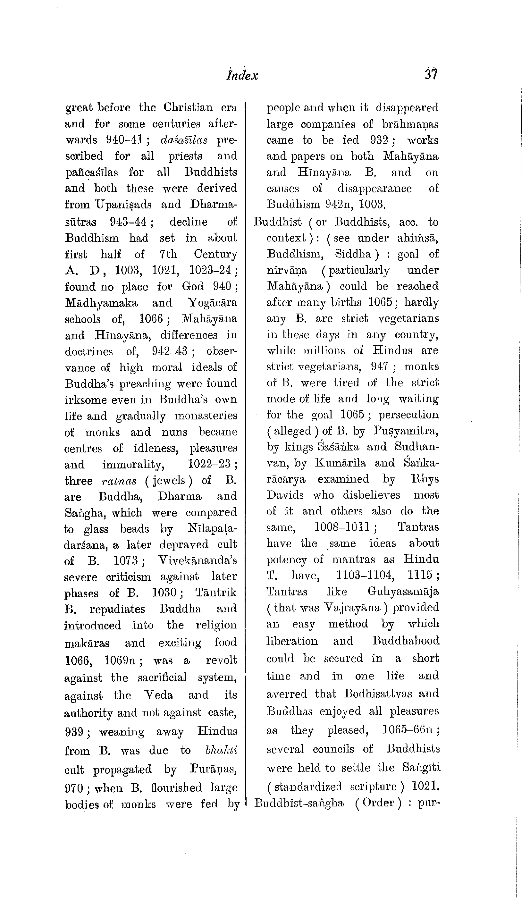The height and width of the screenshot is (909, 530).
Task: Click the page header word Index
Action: tap(242, 75)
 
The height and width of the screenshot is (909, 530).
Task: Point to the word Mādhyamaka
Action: tap(101, 303)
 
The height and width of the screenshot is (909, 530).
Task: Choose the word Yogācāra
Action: tap(213, 303)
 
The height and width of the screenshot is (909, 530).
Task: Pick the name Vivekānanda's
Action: tap(198, 560)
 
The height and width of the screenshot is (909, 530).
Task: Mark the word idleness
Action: tap(156, 448)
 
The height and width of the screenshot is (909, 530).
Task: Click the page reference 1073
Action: tap(126, 560)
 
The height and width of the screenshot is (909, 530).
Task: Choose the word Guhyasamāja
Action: tap(403, 592)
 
